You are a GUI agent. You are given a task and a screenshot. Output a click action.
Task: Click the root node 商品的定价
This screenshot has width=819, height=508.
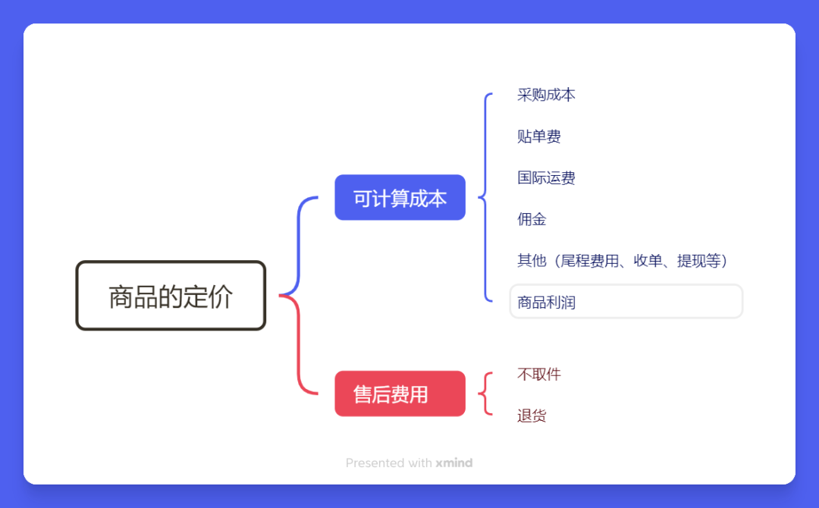click(x=171, y=296)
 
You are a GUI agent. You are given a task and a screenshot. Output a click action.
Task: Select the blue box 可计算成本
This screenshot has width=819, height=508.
click(x=400, y=198)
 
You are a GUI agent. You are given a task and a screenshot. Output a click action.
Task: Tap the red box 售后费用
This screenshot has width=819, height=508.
click(x=400, y=394)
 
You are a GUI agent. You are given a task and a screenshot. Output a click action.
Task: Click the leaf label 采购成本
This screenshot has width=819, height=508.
click(x=546, y=95)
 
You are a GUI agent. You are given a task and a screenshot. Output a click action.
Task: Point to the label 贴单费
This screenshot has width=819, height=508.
click(x=539, y=136)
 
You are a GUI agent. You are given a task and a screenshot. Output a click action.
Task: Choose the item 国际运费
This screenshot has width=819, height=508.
click(x=546, y=178)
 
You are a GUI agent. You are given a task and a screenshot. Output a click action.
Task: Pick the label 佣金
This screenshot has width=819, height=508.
click(x=532, y=220)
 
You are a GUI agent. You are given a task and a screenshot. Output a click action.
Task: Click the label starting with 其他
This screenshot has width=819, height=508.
click(x=622, y=261)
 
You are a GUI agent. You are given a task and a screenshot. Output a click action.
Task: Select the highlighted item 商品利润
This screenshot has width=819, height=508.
click(x=546, y=303)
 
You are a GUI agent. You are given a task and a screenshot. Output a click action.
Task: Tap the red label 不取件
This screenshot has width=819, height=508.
click(x=539, y=374)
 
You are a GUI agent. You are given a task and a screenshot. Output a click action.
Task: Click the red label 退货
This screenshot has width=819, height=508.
click(x=532, y=415)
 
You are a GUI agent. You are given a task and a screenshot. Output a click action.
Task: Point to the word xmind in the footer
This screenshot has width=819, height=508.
click(x=453, y=463)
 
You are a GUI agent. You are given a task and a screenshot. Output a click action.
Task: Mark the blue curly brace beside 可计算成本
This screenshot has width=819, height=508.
click(x=485, y=197)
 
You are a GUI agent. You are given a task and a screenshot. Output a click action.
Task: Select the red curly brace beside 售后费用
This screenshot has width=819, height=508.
click(x=485, y=394)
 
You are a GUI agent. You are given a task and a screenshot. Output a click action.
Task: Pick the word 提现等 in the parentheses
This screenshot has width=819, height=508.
click(x=698, y=261)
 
